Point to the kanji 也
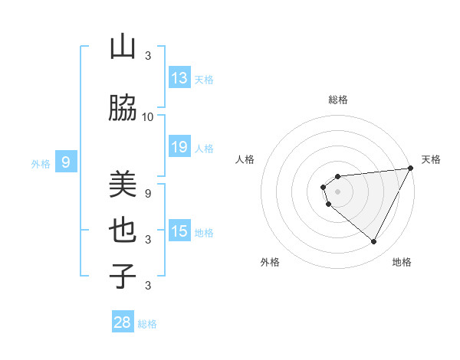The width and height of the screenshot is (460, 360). point(123,231)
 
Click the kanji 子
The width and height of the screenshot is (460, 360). point(123,276)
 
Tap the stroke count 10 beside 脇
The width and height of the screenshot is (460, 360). point(148,117)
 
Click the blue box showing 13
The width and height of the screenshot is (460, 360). point(179,78)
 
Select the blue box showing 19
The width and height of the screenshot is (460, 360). point(179,147)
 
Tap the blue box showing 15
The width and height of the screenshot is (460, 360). point(179,231)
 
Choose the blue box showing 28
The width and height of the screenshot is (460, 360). point(123,322)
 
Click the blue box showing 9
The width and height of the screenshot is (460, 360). point(66,162)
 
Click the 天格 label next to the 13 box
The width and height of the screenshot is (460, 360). point(203,80)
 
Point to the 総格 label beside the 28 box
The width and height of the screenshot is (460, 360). point(147,324)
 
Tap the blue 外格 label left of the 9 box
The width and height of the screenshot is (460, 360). point(40,163)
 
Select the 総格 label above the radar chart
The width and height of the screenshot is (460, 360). point(338,100)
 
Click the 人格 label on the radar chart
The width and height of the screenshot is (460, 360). point(245,159)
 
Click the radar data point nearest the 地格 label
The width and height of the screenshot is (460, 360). point(373,242)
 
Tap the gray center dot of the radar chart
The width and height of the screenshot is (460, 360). point(337,191)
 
